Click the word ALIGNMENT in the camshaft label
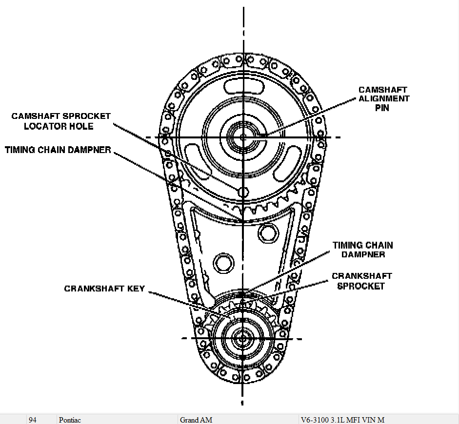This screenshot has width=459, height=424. click(384, 99)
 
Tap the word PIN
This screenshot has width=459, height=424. click(382, 108)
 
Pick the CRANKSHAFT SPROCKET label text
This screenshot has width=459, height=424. click(361, 281)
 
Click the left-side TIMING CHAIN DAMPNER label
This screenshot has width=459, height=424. click(58, 150)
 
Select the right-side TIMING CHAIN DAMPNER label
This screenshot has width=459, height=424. click(362, 250)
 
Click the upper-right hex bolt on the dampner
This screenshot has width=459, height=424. click(267, 231)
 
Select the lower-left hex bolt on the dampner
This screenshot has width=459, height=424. click(223, 263)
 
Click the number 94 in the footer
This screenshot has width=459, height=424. click(33, 420)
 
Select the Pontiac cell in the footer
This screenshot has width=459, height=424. click(70, 420)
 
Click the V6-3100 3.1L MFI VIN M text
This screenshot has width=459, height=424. click(343, 420)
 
